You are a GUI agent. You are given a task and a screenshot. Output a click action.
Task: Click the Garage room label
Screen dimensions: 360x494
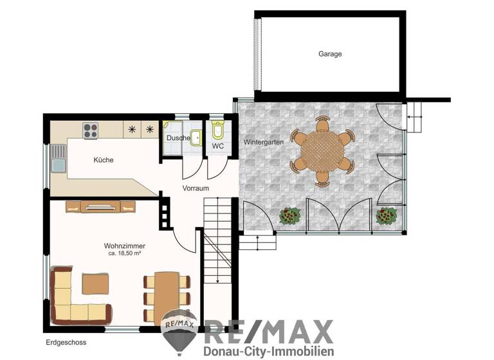tap(330, 54)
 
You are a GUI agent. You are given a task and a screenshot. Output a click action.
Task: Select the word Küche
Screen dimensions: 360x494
tap(103, 160)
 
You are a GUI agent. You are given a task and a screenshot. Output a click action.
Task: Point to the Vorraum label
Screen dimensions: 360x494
tap(196, 189)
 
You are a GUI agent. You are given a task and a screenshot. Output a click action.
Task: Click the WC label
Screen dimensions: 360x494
tap(217, 146)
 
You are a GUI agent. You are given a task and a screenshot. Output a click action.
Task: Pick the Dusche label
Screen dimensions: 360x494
tap(178, 138)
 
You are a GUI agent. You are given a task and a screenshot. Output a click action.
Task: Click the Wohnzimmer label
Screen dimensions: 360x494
tap(125, 246)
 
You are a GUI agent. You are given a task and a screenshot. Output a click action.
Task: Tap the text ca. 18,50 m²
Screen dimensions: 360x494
tap(125, 254)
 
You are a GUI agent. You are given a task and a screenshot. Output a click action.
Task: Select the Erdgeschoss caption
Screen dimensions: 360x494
tap(66, 343)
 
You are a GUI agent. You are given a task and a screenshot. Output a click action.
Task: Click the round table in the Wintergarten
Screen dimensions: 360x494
tap(322, 151)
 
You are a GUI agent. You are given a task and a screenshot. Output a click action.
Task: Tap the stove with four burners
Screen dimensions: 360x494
tap(91, 130)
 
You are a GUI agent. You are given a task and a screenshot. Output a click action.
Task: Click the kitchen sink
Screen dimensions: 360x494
tap(59, 158)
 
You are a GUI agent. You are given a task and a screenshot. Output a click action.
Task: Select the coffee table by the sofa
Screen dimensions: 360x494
tap(95, 284)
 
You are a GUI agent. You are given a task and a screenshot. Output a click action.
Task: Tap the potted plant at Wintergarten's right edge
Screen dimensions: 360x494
tap(384, 216)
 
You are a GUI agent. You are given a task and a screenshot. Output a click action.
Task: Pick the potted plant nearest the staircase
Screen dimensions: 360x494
tap(290, 215)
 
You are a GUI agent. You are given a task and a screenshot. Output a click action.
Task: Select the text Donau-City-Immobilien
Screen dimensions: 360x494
tap(268, 352)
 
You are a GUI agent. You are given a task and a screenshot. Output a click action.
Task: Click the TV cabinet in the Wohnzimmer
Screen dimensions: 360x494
tap(101, 206)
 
